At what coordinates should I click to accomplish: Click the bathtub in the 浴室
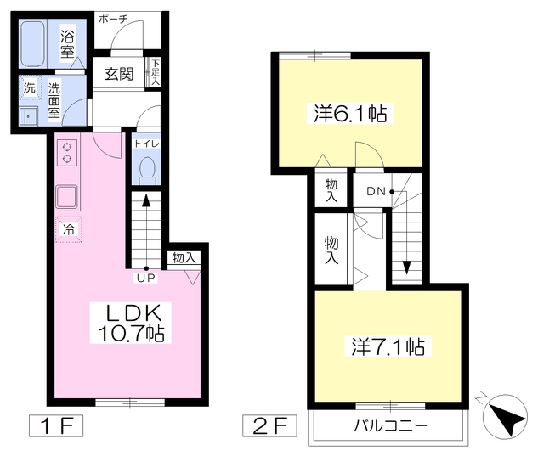pos(32,43)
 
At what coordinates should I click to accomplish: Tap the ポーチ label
pos(113,19)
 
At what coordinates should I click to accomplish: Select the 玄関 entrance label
pos(119,74)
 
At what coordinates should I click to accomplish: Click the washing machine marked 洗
pos(30,88)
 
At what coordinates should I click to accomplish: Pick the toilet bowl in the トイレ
pos(147,170)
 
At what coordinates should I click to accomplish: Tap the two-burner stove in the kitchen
pos(67,153)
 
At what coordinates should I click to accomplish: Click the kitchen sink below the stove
pos(66,197)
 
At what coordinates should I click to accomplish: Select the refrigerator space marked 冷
pos(68,229)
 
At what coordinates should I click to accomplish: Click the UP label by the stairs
pos(147,278)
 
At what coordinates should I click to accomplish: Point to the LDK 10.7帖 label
pos(131,323)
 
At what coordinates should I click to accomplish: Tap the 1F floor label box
pos(56,425)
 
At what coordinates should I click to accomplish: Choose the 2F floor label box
pos(269,425)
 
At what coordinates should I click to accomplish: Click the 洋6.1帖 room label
pos(350,113)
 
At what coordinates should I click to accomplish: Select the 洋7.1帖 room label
pos(388,346)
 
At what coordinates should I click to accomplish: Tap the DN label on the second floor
pos(376,191)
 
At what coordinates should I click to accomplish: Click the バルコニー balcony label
pos(390,425)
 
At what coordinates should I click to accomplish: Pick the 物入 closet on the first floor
pos(184,257)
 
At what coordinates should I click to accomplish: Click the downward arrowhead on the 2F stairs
pos(406,267)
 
